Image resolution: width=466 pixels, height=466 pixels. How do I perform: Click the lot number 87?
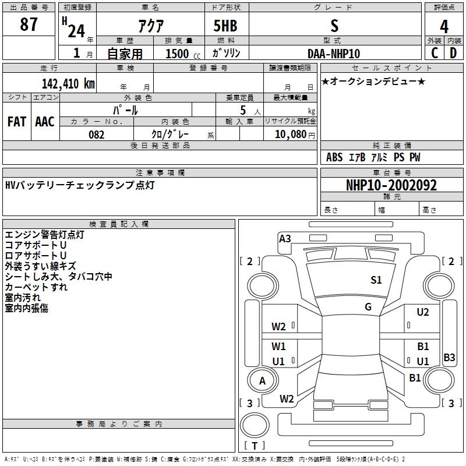pyautogui.click(x=29, y=25)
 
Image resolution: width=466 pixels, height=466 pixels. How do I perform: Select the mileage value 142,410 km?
pyautogui.click(x=68, y=83)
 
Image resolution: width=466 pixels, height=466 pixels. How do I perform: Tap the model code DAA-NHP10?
pyautogui.click(x=334, y=54)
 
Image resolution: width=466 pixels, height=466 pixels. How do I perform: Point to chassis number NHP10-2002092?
pyautogui.click(x=391, y=185)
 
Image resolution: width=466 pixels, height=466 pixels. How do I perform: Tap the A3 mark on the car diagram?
pyautogui.click(x=285, y=238)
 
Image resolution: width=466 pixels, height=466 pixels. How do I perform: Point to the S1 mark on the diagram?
pyautogui.click(x=376, y=280)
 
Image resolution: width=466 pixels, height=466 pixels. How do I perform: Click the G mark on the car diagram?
pyautogui.click(x=368, y=307)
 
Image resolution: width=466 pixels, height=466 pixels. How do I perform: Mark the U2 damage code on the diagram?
pyautogui.click(x=423, y=312)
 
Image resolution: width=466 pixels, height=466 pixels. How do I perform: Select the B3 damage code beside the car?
pyautogui.click(x=449, y=357)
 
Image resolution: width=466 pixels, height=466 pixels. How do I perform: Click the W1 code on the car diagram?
pyautogui.click(x=278, y=346)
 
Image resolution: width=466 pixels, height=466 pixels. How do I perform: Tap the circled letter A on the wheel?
pyautogui.click(x=262, y=381)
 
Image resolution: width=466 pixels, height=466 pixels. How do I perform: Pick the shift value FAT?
pyautogui.click(x=16, y=122)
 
